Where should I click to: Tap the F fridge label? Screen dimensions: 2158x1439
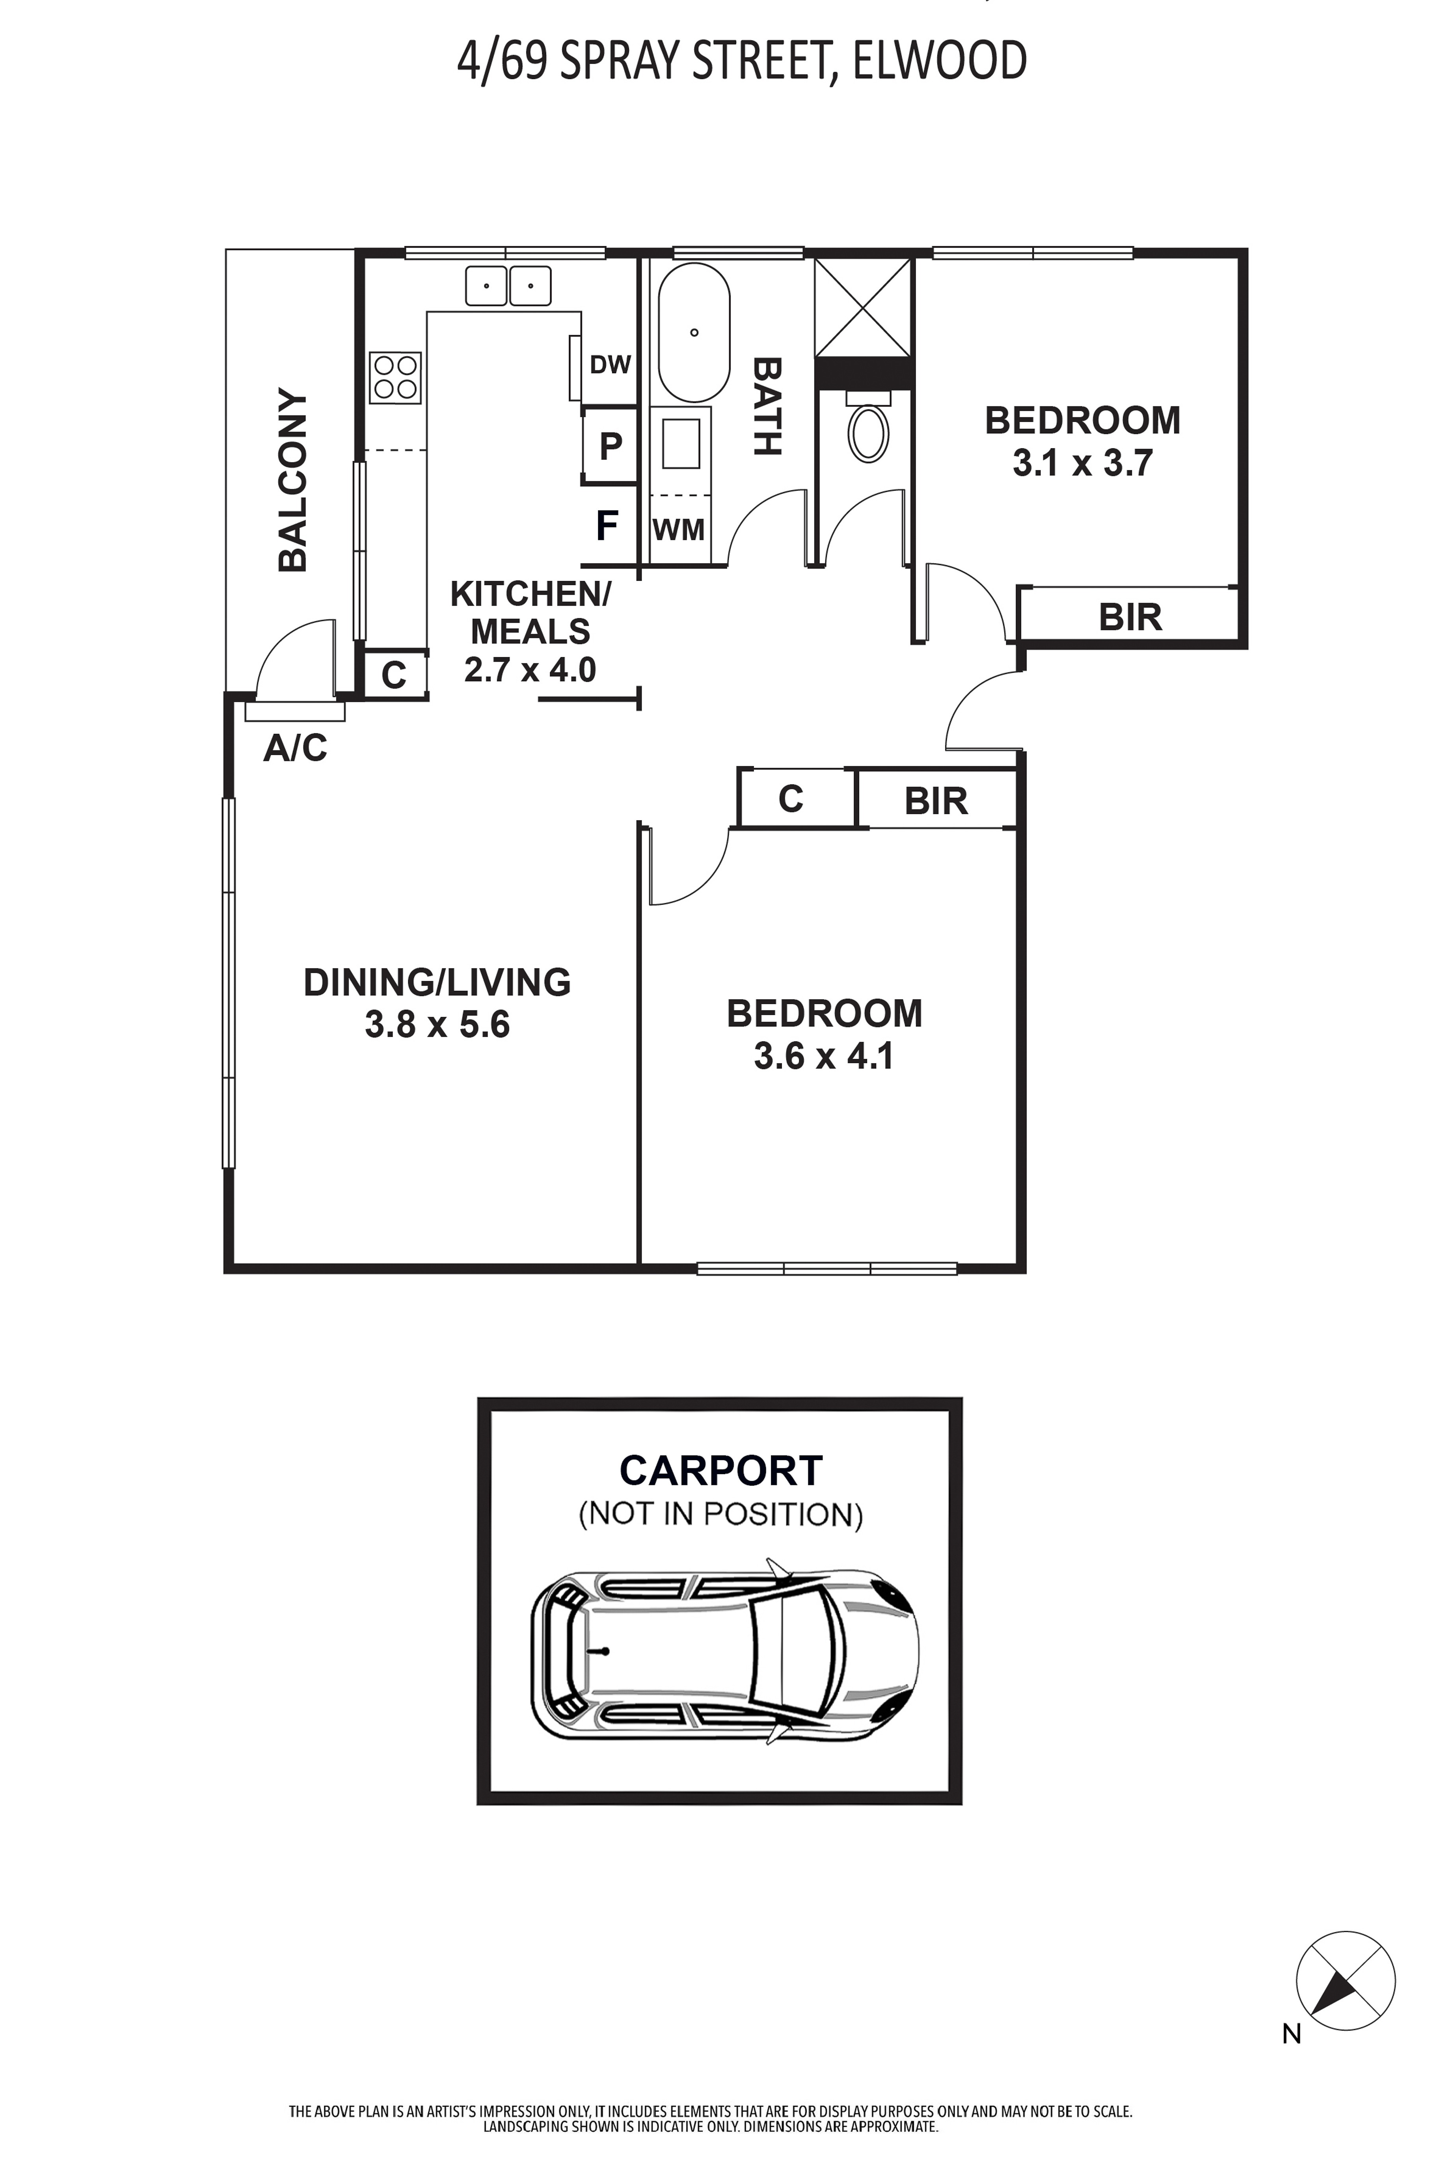[x=607, y=526]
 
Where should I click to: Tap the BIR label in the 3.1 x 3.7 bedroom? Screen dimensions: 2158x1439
[x=1130, y=618]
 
